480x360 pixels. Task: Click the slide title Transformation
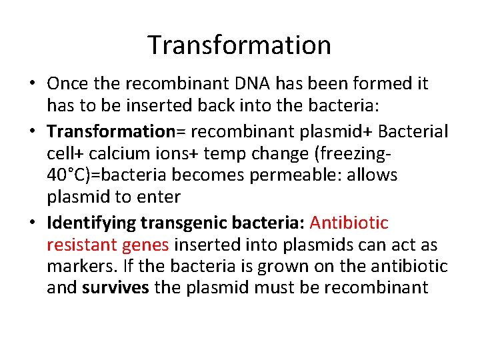click(x=239, y=45)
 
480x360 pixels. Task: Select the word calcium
click(x=129, y=153)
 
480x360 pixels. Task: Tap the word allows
click(x=377, y=176)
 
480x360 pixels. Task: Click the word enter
click(x=162, y=198)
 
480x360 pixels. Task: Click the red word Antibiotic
click(x=349, y=222)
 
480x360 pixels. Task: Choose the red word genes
click(x=146, y=245)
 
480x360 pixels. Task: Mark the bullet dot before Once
click(x=31, y=85)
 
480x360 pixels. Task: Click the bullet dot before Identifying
click(x=31, y=222)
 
